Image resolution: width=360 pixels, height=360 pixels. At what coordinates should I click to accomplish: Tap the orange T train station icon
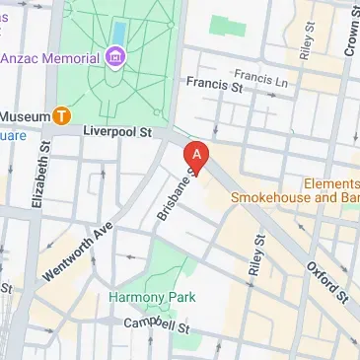click(61, 116)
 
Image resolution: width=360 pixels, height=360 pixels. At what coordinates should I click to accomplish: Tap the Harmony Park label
click(153, 297)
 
